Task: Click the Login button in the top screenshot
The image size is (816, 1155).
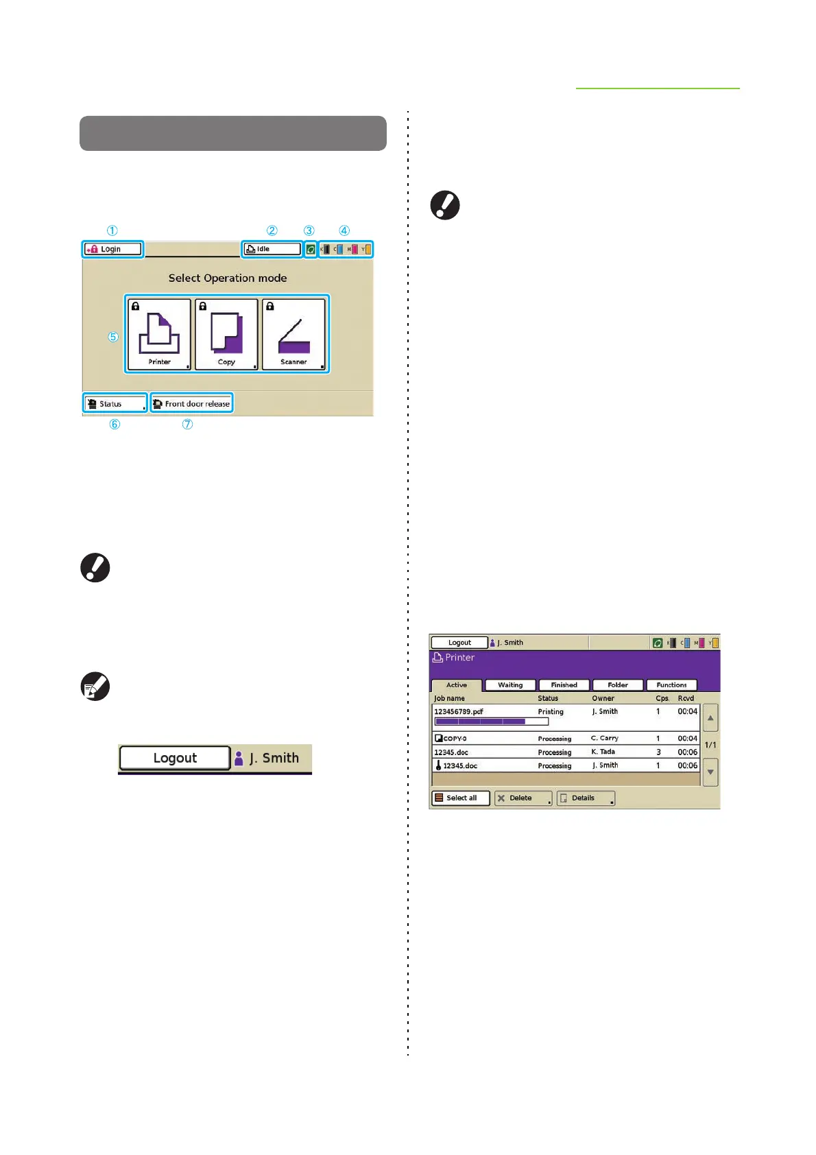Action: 113,249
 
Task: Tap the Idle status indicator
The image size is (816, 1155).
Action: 272,249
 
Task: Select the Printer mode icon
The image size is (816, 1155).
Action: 159,335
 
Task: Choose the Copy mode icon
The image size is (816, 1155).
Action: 226,335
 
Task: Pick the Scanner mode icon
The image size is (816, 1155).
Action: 293,335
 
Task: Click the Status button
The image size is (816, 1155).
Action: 115,404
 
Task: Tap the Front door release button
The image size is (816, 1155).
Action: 191,404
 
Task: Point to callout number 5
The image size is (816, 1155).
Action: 113,337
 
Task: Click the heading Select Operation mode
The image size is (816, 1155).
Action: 228,278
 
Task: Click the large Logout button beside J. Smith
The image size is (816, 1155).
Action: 175,758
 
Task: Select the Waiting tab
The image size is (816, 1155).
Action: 510,684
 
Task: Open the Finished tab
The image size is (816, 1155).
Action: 564,684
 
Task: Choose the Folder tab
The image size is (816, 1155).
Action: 618,684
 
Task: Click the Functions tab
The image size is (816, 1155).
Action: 671,684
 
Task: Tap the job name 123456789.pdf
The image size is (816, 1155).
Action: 459,711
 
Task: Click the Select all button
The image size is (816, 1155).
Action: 461,798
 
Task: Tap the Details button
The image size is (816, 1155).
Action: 585,798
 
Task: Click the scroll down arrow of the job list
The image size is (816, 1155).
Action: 711,772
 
